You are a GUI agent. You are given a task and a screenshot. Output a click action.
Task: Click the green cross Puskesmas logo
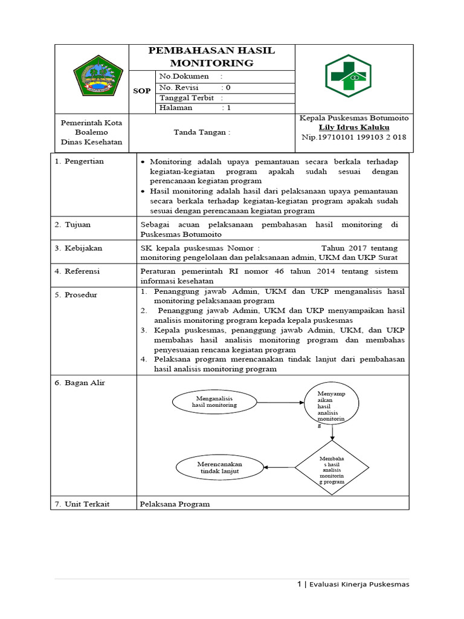(x=349, y=77)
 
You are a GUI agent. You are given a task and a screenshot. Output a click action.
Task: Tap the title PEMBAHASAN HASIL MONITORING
(x=211, y=57)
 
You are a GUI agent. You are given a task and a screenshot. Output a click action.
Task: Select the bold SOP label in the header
(x=142, y=91)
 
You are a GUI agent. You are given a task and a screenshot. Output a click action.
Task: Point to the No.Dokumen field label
(x=184, y=77)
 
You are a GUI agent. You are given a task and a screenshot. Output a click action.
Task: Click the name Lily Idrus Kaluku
(x=353, y=128)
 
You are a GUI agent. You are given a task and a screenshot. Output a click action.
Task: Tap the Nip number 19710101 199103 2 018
(x=353, y=137)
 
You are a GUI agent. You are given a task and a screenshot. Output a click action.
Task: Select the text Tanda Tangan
(x=202, y=132)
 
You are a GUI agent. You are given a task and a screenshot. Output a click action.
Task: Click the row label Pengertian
(x=84, y=161)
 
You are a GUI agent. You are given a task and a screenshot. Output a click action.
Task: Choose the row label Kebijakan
(x=83, y=248)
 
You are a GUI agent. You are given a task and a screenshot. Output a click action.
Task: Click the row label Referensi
(x=83, y=271)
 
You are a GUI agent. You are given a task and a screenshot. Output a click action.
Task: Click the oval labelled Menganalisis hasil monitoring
(x=212, y=401)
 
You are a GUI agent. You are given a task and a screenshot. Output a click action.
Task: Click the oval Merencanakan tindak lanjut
(x=220, y=467)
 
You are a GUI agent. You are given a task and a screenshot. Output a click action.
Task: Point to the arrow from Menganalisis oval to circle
(x=277, y=401)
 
